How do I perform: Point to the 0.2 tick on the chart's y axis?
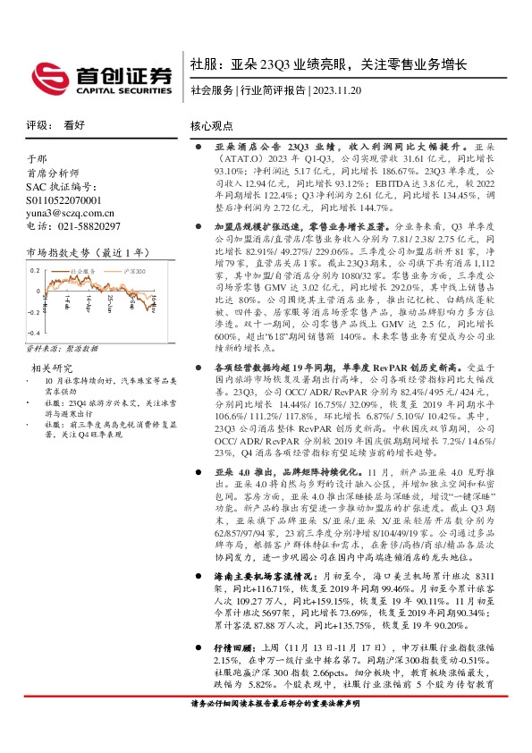click(36, 268)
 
